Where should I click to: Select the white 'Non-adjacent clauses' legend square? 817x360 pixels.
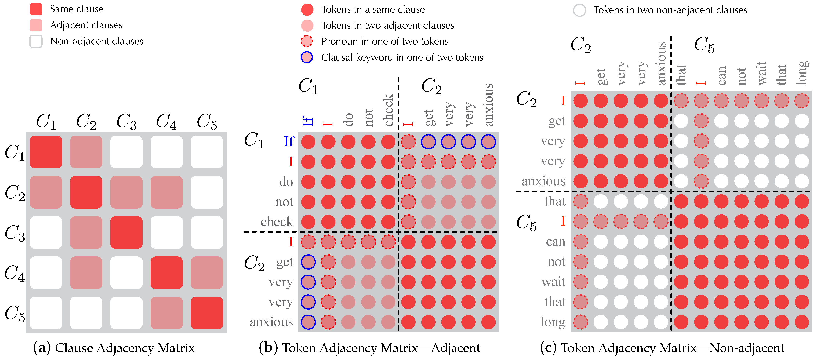coord(36,41)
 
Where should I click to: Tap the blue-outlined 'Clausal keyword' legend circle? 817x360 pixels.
coord(307,57)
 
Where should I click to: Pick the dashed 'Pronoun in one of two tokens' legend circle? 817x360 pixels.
coord(307,41)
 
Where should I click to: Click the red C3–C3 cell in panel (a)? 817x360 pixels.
coord(126,232)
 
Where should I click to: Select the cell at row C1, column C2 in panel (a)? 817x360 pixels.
coord(86,152)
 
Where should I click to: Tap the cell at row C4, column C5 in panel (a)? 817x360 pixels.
coord(207,272)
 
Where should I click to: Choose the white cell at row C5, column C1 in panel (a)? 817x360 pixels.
coord(46,313)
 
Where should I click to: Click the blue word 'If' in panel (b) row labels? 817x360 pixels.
coord(289,141)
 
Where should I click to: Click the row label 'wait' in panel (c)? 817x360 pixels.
coord(554,282)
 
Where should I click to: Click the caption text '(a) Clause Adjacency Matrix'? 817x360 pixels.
coord(114,348)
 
